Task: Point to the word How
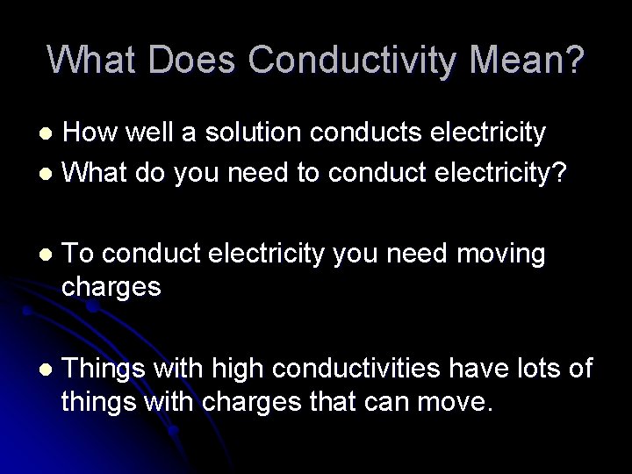(x=92, y=133)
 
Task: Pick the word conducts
(x=361, y=133)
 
